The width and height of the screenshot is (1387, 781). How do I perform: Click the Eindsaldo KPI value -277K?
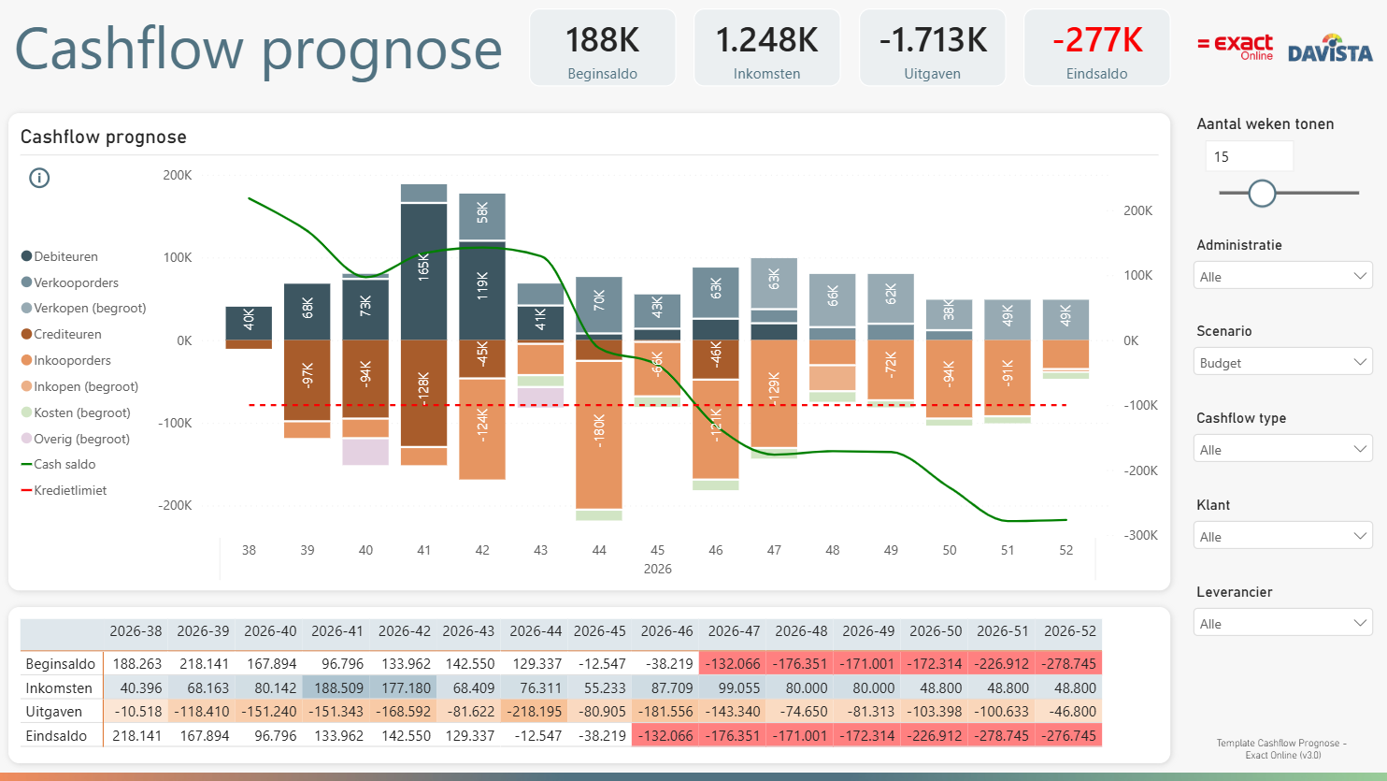(1097, 40)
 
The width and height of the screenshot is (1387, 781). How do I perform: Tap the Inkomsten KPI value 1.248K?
(766, 40)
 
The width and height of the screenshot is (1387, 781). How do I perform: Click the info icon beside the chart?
(39, 179)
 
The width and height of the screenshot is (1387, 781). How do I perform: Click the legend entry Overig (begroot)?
(76, 439)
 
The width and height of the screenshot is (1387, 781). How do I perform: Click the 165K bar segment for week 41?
(423, 271)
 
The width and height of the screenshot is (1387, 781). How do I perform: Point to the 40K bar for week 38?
(249, 323)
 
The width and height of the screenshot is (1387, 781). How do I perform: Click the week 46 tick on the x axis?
(715, 550)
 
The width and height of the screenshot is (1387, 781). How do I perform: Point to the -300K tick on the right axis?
(1140, 536)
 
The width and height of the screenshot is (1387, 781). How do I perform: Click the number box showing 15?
(1249, 157)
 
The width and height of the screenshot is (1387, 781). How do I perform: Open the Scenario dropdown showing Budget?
(1282, 363)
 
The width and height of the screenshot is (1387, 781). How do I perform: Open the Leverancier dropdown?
(1282, 623)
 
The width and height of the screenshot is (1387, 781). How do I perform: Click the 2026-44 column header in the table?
(535, 631)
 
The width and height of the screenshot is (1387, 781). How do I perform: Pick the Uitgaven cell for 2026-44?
(535, 712)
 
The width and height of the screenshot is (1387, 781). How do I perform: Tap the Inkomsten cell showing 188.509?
(338, 688)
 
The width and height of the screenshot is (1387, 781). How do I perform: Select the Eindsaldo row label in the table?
(56, 736)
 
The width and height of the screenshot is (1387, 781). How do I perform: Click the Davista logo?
(1330, 49)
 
